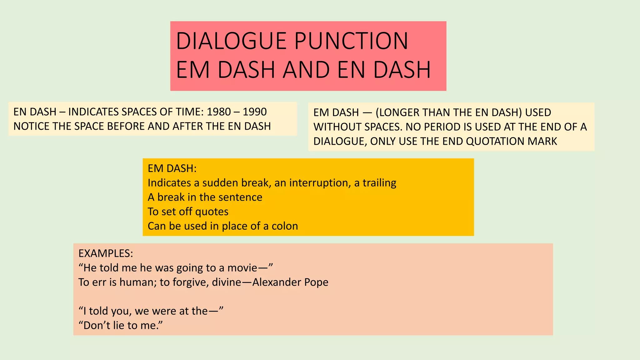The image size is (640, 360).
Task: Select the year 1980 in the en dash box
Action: point(218,112)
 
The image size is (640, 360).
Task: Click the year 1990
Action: point(255,112)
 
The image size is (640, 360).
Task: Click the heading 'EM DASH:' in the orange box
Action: point(172,168)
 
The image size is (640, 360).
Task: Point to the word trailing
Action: point(379,183)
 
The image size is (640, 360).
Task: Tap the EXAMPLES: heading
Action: point(106,253)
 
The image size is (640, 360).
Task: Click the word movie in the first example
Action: point(242,268)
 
